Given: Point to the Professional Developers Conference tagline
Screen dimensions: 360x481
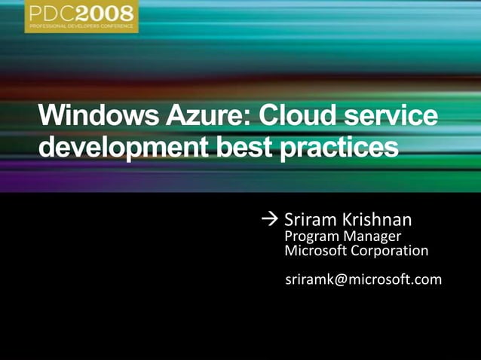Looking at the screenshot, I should [81, 26].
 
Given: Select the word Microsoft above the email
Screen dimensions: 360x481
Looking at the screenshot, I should [315, 251].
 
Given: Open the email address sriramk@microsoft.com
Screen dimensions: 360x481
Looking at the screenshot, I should [363, 280].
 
